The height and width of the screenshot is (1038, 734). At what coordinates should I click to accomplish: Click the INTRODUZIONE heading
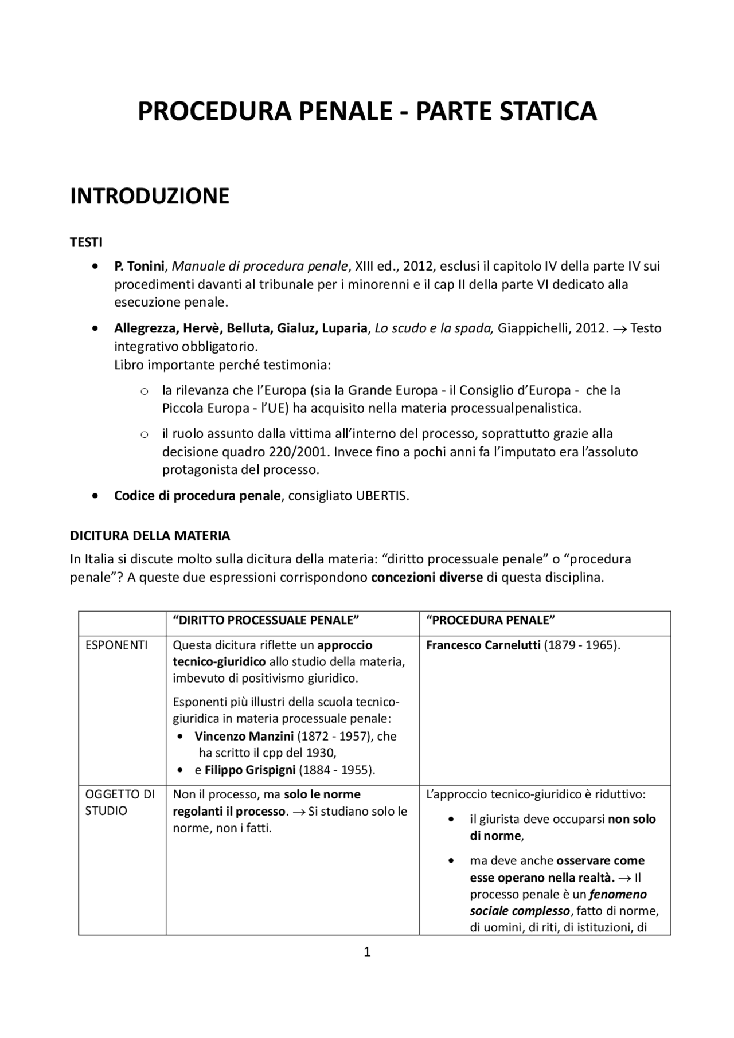tap(150, 196)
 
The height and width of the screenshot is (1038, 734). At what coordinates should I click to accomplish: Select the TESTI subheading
tap(86, 242)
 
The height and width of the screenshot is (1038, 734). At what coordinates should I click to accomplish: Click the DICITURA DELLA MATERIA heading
tap(150, 536)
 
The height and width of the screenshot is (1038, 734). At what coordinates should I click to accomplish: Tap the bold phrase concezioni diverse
tap(427, 577)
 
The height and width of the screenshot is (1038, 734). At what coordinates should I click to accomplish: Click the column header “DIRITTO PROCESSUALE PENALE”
tap(266, 621)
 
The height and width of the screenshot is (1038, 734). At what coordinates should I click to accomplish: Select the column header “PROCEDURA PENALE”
tap(491, 621)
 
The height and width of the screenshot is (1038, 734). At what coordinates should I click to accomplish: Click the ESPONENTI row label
tap(116, 645)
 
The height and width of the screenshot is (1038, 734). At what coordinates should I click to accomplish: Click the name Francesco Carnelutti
tap(483, 645)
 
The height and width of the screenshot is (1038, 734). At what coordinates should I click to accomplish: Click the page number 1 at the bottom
tap(367, 953)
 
